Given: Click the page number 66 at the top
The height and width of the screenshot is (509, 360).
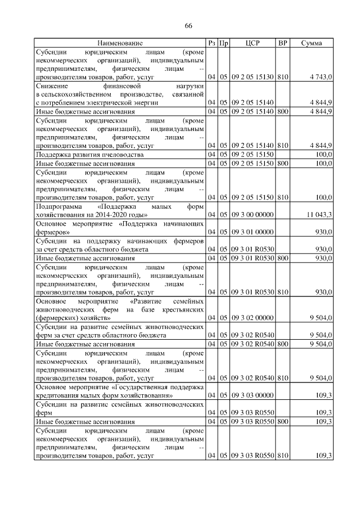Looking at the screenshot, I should coord(188,26).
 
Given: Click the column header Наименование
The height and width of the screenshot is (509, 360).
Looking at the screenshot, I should coord(120,43).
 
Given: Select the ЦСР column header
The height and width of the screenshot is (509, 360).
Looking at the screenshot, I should coord(252,43).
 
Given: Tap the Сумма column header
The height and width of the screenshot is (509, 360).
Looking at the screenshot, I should coord(311,43).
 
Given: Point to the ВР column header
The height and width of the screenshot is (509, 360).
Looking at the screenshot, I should coord(282,43).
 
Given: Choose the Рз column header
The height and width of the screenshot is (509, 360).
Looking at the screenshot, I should coord(211,43).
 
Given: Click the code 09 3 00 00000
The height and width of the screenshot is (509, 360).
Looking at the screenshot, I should coord(252,214).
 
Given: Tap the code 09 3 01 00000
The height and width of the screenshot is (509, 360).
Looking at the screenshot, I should coord(252,231).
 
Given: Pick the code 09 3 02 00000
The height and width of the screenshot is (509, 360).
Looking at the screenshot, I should coord(252,317).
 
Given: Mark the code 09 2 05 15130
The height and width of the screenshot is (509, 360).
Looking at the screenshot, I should coord(252,76).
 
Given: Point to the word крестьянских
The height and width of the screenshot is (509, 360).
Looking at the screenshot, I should coord(178,309).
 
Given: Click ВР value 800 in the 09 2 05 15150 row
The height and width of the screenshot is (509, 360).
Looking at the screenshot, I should coord(282,163).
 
